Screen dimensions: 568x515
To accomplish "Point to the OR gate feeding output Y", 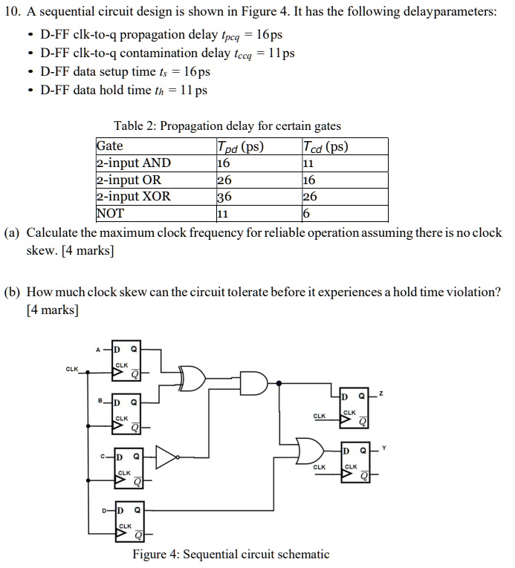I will click(308, 449).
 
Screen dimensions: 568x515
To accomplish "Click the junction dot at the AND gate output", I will click(279, 383).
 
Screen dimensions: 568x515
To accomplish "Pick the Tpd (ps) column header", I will click(240, 146).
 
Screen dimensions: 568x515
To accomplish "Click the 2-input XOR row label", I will click(134, 197).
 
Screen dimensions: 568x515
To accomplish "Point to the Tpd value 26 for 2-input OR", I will click(223, 180).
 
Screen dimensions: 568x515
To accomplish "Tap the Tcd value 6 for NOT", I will click(306, 214).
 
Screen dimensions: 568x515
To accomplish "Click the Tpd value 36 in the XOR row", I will click(223, 197).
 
